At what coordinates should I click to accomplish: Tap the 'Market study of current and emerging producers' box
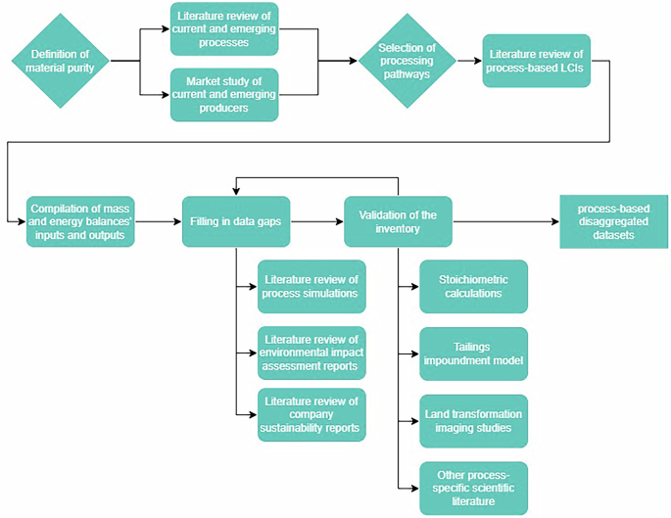coord(224,94)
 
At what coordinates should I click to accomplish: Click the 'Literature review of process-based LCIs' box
coord(536,60)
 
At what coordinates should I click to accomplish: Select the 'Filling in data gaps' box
coord(235,221)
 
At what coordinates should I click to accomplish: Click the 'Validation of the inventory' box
coord(397,221)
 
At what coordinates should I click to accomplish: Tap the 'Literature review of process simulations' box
coord(311,286)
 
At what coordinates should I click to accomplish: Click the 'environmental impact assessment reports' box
coord(311,353)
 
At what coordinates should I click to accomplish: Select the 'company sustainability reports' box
coord(311,414)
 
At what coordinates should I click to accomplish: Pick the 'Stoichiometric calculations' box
coord(473,286)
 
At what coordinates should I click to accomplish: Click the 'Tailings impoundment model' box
coord(473,353)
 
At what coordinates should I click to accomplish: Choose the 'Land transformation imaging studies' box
coord(473,421)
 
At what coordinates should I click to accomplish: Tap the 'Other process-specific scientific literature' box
coord(473,488)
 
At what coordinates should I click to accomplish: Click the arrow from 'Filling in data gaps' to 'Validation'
coord(315,221)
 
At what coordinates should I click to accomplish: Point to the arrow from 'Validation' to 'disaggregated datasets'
coord(504,221)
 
